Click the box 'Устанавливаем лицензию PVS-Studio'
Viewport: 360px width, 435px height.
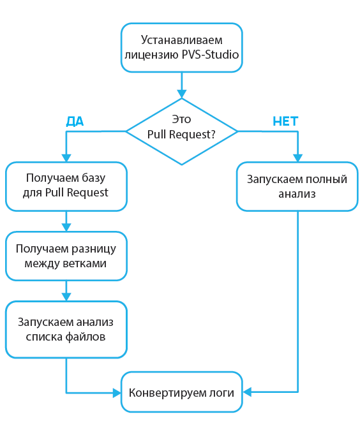[x=182, y=47]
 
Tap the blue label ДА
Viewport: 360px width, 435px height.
[x=75, y=121]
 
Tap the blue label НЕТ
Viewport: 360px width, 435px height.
[x=285, y=121]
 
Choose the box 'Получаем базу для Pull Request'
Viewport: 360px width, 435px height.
[x=66, y=186]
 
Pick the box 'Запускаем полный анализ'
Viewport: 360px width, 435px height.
[x=297, y=186]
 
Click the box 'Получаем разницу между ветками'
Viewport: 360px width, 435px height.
[x=66, y=256]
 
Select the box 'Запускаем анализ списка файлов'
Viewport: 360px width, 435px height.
[x=66, y=329]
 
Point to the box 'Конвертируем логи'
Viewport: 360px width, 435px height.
[x=182, y=392]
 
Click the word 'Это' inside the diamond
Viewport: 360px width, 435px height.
[x=182, y=119]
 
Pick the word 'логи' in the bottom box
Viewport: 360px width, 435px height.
[x=222, y=392]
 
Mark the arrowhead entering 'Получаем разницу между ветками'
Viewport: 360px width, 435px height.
[x=66, y=226]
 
